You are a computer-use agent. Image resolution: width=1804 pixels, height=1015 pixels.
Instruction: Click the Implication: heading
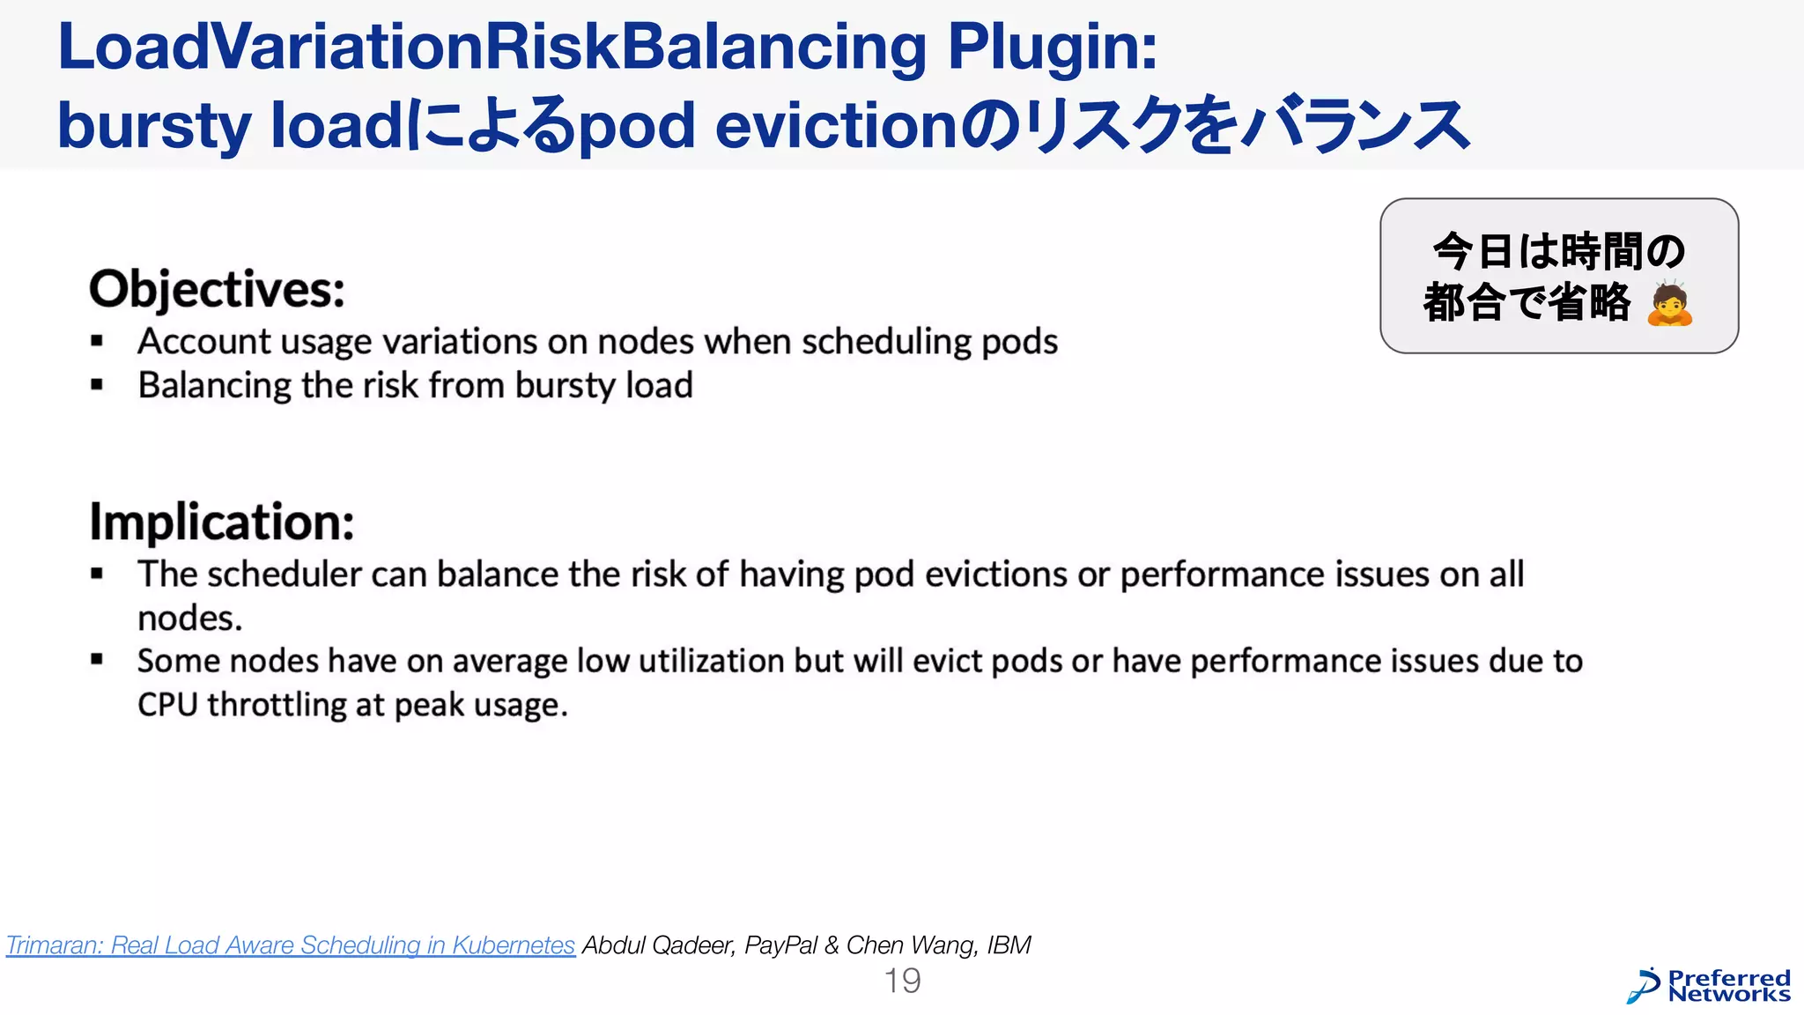tap(221, 522)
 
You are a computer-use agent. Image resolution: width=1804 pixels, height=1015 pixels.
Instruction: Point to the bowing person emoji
tap(1669, 304)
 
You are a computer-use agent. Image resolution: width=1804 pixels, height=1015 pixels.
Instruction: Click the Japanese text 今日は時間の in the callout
tap(1558, 251)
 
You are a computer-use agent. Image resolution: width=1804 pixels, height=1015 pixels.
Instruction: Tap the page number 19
tap(902, 981)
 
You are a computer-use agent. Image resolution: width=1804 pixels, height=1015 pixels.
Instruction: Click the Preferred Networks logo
tap(1709, 986)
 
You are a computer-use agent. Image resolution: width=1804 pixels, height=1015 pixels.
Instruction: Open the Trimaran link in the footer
tap(291, 945)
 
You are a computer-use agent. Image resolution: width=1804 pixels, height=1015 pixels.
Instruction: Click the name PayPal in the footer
tap(780, 945)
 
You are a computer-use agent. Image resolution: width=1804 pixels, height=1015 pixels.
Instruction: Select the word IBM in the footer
tap(1008, 945)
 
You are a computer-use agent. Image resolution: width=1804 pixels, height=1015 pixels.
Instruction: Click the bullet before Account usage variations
tap(97, 341)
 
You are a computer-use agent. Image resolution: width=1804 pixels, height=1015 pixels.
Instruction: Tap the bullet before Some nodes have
tap(97, 660)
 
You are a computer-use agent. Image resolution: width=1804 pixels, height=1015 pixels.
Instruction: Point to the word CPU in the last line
tap(167, 705)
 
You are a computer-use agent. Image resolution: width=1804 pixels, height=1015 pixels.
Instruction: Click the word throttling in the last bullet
tap(277, 705)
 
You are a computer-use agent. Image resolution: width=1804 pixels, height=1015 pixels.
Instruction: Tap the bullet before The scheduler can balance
tap(97, 574)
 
